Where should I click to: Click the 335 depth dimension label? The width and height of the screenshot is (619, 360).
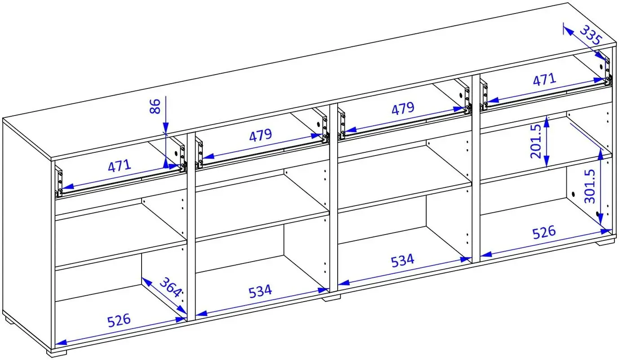[x=590, y=35]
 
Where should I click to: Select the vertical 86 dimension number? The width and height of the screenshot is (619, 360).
[x=155, y=107]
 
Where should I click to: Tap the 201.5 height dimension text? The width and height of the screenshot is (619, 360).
[x=536, y=141]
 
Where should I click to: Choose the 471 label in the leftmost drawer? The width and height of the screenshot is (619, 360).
[x=119, y=166]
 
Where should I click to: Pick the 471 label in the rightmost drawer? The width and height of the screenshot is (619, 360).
[x=544, y=80]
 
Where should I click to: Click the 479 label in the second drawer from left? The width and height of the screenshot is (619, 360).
[x=261, y=135]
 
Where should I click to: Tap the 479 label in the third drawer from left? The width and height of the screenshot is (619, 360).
[x=403, y=108]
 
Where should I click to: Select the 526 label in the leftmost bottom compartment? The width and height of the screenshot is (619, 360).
[x=119, y=320]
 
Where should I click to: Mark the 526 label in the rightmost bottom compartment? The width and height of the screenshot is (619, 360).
[x=544, y=232]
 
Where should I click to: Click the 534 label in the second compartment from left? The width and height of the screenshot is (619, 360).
[x=260, y=292]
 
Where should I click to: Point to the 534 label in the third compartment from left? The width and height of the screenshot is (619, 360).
[x=403, y=261]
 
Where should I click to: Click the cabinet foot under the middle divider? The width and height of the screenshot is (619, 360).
[x=332, y=298]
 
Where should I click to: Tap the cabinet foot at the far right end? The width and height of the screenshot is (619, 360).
[x=604, y=242]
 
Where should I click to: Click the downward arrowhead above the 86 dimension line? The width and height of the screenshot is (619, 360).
[x=165, y=128]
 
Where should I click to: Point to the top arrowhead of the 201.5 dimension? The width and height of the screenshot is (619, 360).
[x=546, y=121]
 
